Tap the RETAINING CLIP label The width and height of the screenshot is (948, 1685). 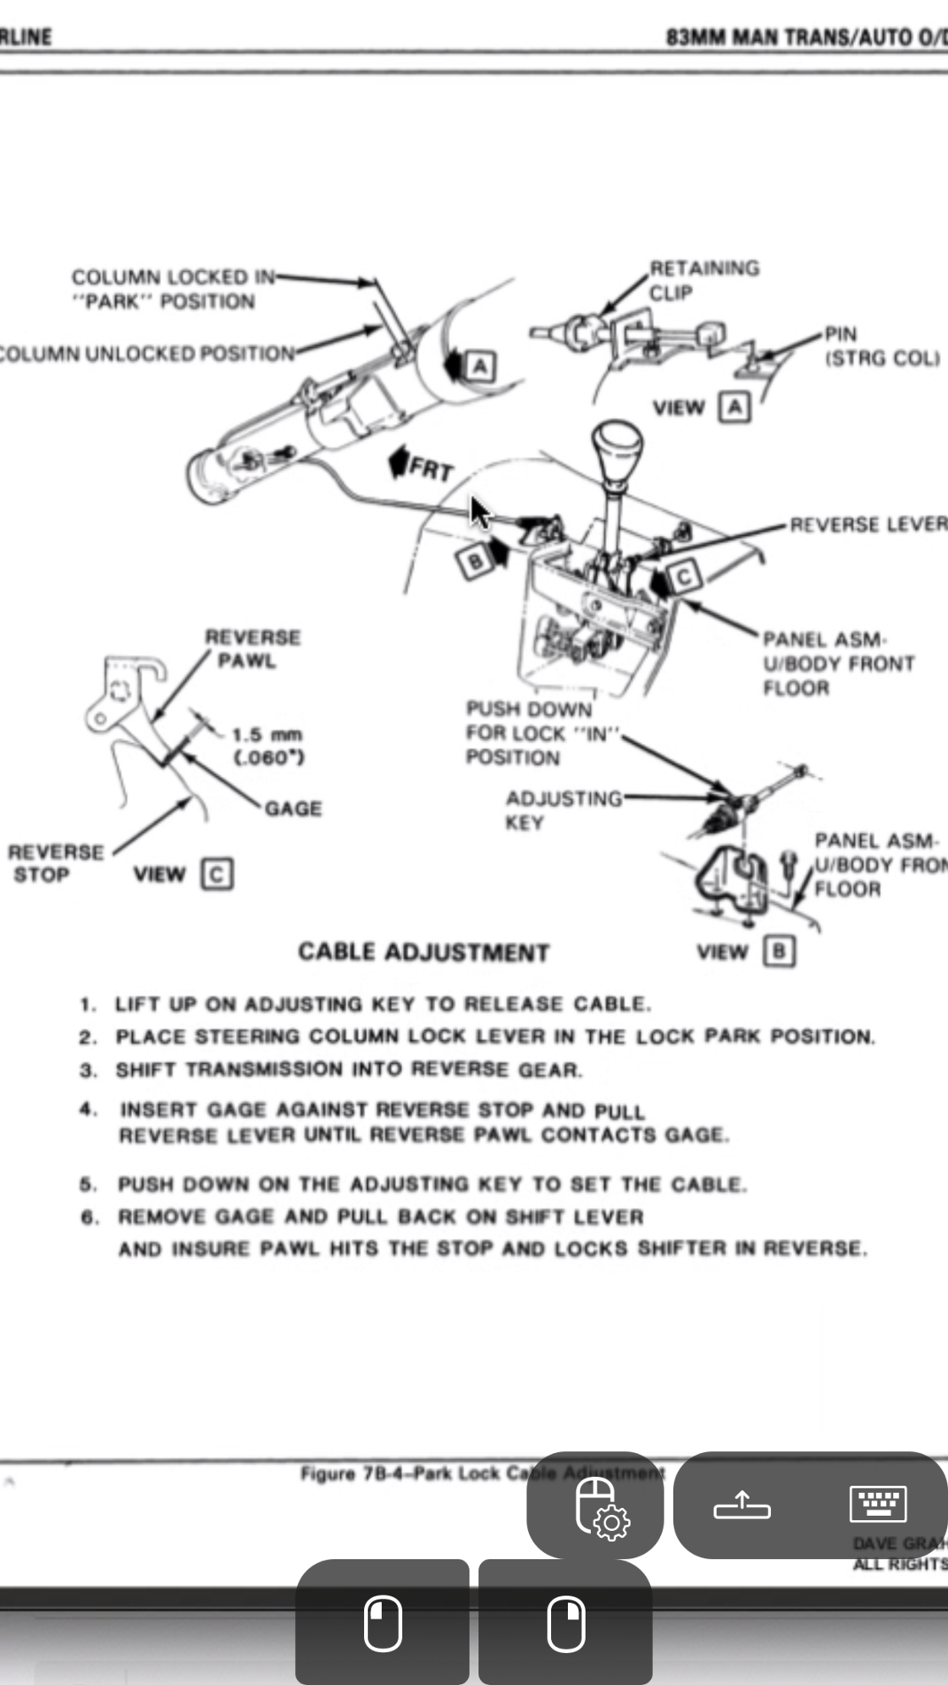coord(703,280)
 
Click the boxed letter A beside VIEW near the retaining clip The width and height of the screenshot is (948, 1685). coord(734,407)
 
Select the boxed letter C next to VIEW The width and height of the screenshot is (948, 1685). coord(217,873)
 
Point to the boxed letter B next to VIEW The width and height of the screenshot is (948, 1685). coord(779,951)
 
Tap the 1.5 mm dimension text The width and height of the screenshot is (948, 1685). coord(267,735)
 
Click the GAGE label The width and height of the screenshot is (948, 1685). coord(293,808)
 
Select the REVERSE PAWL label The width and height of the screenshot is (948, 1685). coord(252,648)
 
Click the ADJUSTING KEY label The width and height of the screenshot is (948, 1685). coord(562,810)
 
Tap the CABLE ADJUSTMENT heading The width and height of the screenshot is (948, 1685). coord(423,952)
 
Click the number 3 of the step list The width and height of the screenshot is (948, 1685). coord(88,1070)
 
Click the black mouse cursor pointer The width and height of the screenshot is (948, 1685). coord(479,511)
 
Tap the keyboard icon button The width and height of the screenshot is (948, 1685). coord(878,1504)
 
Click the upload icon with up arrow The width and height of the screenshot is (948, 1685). coord(741,1505)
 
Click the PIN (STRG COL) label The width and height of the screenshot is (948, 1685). coord(880,346)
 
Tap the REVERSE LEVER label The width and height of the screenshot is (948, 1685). coord(867,525)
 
